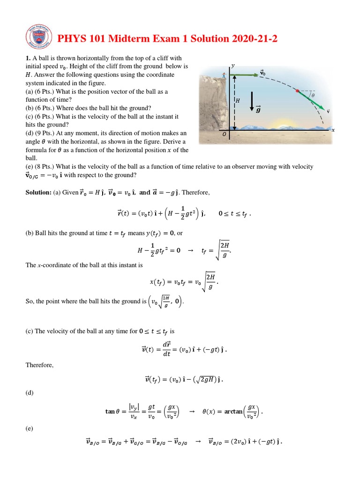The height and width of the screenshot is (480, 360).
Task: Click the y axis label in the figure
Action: pos(232,66)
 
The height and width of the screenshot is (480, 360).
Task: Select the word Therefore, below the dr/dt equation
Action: pos(39,365)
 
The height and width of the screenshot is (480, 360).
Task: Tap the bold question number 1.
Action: pos(28,58)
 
